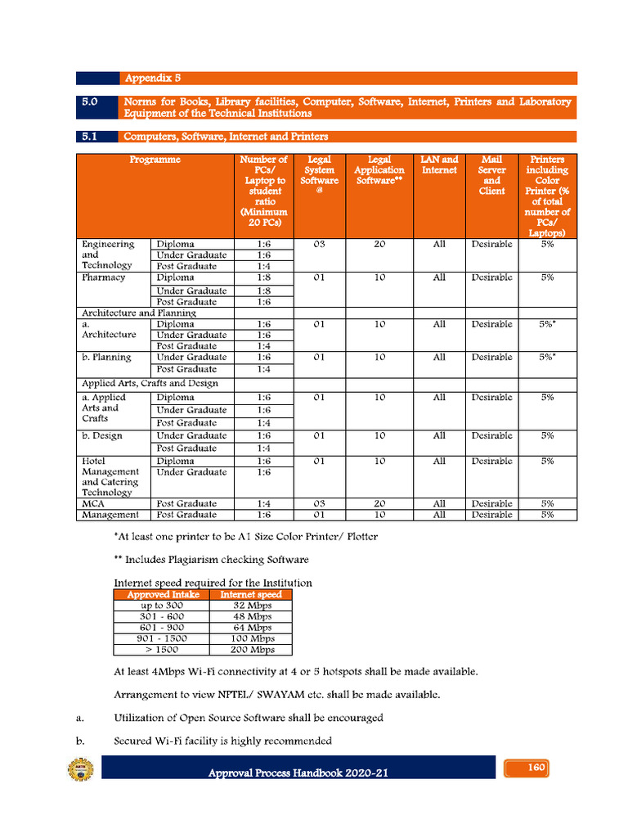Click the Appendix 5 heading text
pos(152,79)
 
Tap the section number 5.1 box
pos(90,137)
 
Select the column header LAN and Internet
pos(439,165)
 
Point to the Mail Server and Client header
pos(491,175)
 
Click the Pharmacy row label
pos(103,277)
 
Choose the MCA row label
pos(93,503)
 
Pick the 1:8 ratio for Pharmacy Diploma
pos(263,277)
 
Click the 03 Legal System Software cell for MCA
pos(319,503)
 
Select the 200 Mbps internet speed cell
pos(250,650)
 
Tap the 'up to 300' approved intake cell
pos(162,606)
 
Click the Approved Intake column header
pos(162,595)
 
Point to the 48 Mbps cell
pos(250,616)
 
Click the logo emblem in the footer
pos(80,770)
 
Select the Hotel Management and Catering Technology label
pos(110,476)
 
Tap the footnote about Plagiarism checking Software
pos(211,559)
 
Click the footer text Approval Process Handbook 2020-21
pos(298,773)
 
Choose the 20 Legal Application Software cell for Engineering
pos(379,244)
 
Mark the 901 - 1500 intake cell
pos(162,638)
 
